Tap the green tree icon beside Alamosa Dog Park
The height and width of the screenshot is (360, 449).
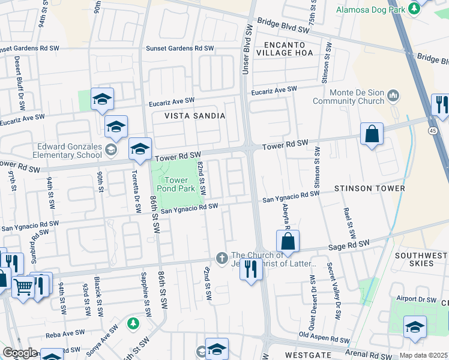[x=414, y=8]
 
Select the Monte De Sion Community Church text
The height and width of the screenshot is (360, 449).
[x=357, y=97]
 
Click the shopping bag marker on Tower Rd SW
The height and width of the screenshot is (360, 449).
[x=372, y=134]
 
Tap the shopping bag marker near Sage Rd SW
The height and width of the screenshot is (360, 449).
[x=288, y=241]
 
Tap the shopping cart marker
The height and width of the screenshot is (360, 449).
[x=23, y=287]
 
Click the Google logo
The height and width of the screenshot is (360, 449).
[x=20, y=352]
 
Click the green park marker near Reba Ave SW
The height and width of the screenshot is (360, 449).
[x=133, y=324]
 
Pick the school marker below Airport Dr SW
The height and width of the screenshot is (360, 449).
[x=415, y=326]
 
